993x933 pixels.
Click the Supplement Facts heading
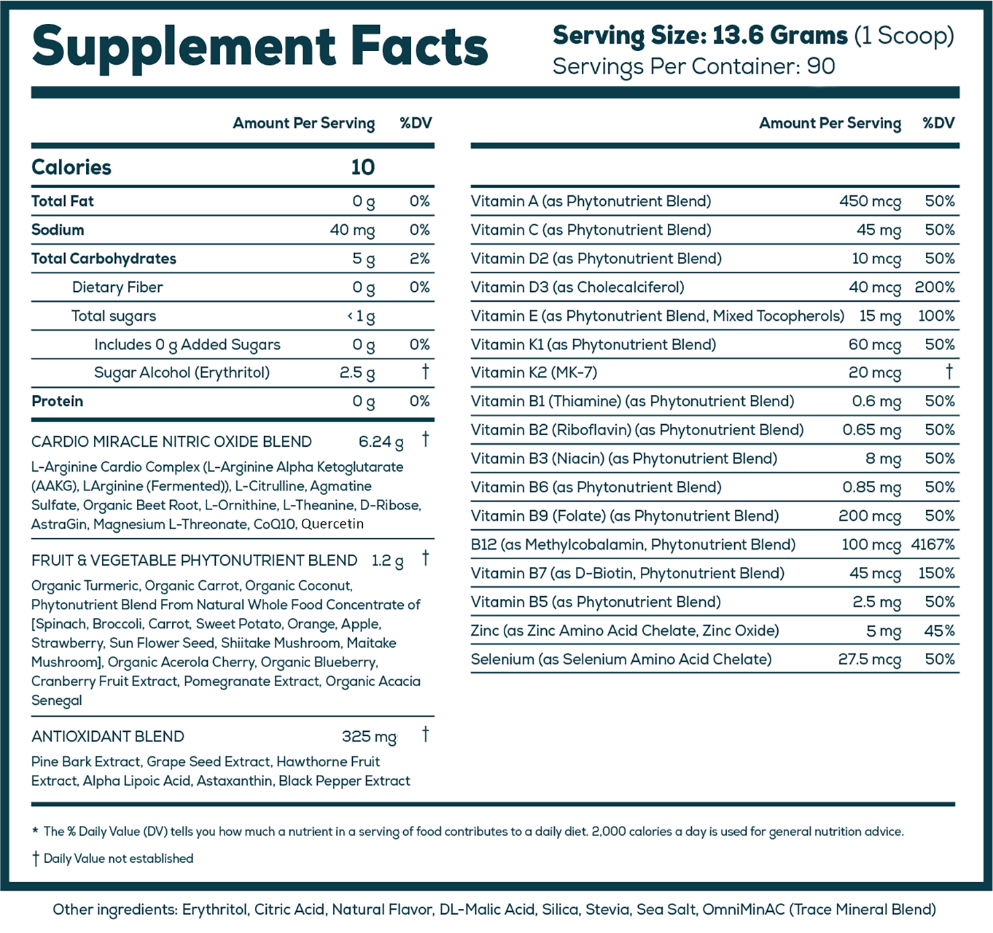[x=260, y=46]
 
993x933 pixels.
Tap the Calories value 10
[x=363, y=167]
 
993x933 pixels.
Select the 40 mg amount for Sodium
[x=352, y=230]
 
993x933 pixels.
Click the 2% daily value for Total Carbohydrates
[x=420, y=259]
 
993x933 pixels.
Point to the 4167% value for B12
[x=933, y=545]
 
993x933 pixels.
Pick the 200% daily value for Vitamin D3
[x=935, y=287]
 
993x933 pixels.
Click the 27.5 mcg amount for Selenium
[x=869, y=660]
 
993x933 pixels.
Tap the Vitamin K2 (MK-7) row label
[x=534, y=373]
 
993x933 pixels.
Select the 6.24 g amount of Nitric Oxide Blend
[x=381, y=442]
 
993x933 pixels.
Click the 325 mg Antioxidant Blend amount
[x=369, y=736]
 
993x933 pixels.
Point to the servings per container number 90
[x=821, y=66]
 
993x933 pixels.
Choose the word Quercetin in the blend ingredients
[x=332, y=524]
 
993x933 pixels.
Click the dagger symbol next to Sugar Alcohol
[x=425, y=372]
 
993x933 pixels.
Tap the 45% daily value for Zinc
[x=939, y=631]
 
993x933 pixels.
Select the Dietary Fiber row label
[x=117, y=287]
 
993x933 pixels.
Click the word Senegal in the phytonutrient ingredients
[x=57, y=701]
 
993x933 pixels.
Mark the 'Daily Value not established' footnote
[x=118, y=859]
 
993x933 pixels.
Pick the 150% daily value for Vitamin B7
[x=936, y=574]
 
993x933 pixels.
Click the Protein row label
[x=58, y=402]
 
